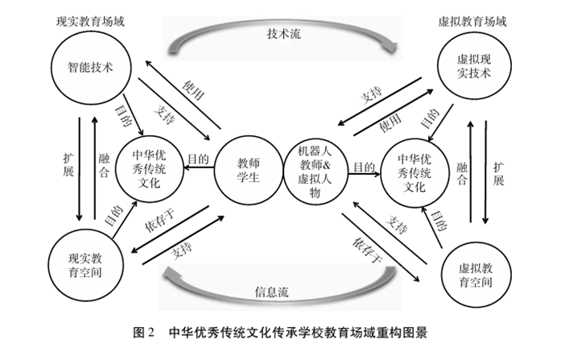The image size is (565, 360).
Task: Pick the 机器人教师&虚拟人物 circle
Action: [315, 166]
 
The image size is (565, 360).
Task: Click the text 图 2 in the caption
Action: [144, 332]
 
